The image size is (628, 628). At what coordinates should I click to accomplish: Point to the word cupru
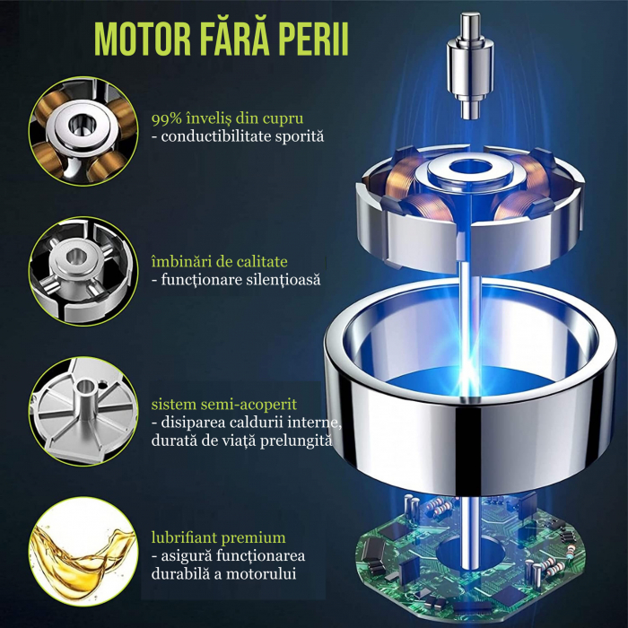283,119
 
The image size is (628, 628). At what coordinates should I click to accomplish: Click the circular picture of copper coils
83,131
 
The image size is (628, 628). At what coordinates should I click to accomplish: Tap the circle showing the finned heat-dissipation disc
83,412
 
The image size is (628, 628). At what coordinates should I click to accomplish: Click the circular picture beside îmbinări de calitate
83,271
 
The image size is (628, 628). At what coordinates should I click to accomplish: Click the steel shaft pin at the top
470,66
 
